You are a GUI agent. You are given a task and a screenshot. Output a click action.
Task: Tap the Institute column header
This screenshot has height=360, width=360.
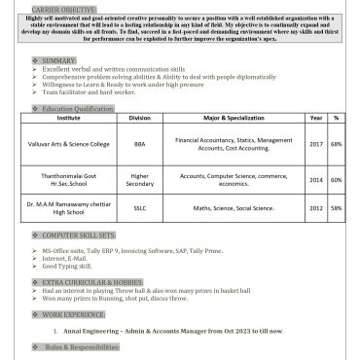pos(69,117)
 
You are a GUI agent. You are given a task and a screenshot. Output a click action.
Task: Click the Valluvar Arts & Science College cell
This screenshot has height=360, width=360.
pos(69,144)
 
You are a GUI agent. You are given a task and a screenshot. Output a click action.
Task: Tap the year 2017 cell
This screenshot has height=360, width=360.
pos(316,144)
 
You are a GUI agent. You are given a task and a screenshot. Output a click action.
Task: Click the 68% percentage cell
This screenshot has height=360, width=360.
pos(336,144)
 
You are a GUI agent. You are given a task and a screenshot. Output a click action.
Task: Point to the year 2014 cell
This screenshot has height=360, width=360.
pos(316,179)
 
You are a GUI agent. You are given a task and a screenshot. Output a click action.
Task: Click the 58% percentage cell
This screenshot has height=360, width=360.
pos(336,207)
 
